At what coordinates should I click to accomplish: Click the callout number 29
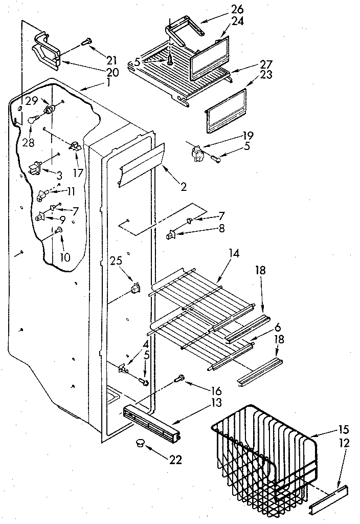click(x=32, y=101)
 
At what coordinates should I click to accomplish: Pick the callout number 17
click(x=77, y=173)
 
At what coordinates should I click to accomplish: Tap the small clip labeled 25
click(x=136, y=289)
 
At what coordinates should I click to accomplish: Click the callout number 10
click(x=64, y=257)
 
